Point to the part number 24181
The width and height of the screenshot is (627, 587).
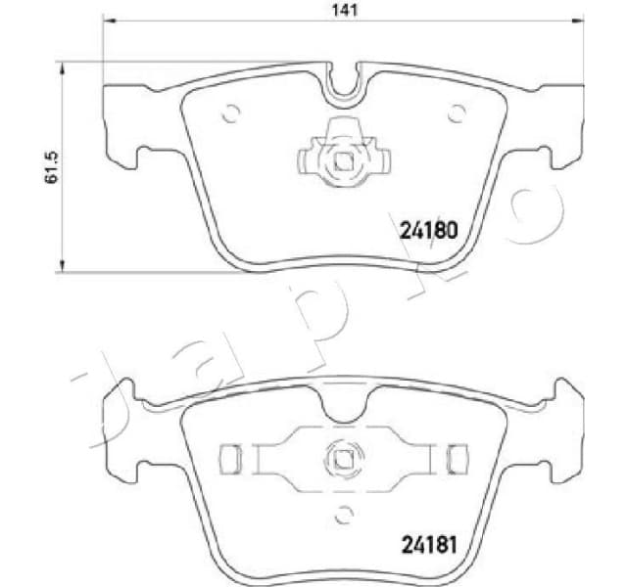tap(429, 543)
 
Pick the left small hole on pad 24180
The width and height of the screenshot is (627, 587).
tap(231, 113)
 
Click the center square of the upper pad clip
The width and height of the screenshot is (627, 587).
tap(342, 160)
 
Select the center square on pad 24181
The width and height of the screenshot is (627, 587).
tap(342, 455)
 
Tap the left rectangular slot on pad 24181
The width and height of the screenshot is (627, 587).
tap(231, 456)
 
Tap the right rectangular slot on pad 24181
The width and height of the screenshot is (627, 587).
tap(453, 456)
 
